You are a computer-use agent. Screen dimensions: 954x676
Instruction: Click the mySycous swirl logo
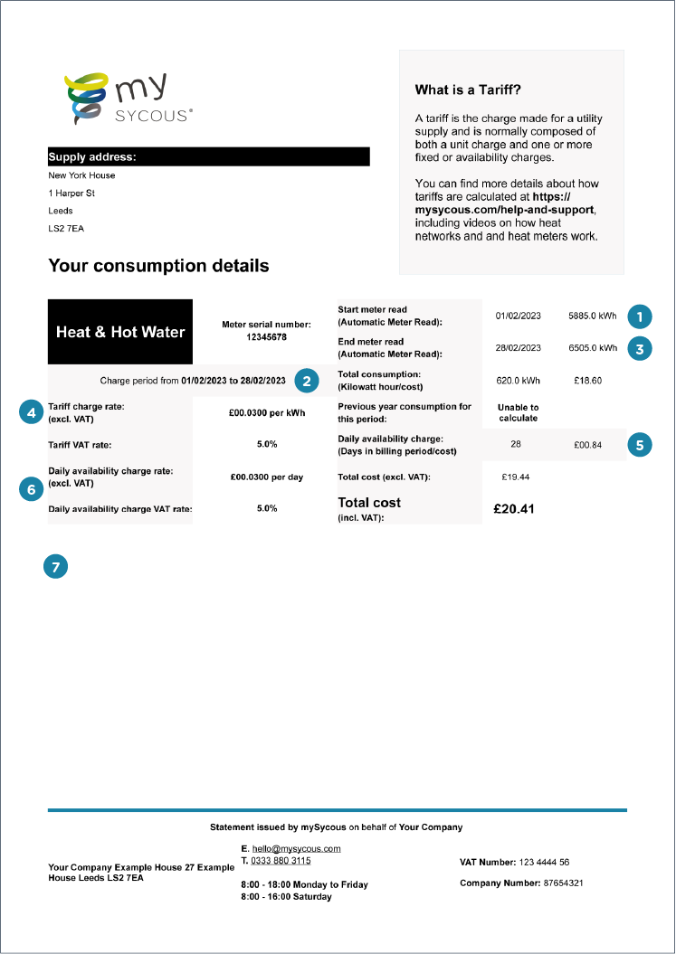tap(85, 99)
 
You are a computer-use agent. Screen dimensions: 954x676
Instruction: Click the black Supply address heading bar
tap(208, 156)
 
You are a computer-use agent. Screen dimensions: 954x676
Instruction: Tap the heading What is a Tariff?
tap(468, 90)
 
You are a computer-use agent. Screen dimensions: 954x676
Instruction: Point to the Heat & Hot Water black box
tap(120, 332)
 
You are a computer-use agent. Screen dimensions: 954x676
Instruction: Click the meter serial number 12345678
tap(266, 336)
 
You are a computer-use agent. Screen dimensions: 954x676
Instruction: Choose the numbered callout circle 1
tap(640, 316)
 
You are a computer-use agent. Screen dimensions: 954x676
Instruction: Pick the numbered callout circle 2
tap(308, 381)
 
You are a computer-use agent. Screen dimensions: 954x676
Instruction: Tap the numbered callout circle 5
tap(640, 444)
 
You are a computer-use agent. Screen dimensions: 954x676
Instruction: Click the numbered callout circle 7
tap(56, 567)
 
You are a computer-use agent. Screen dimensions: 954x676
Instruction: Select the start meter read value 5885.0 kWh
tap(593, 316)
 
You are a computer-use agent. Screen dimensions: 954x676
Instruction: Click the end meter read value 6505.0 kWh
tap(593, 348)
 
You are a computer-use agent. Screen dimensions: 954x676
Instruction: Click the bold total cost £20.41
tap(513, 509)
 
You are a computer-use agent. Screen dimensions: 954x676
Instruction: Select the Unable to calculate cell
tap(518, 412)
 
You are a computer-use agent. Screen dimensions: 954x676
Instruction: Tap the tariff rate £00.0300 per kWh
tap(266, 413)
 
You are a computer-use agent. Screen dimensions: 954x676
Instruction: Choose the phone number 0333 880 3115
tap(281, 861)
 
